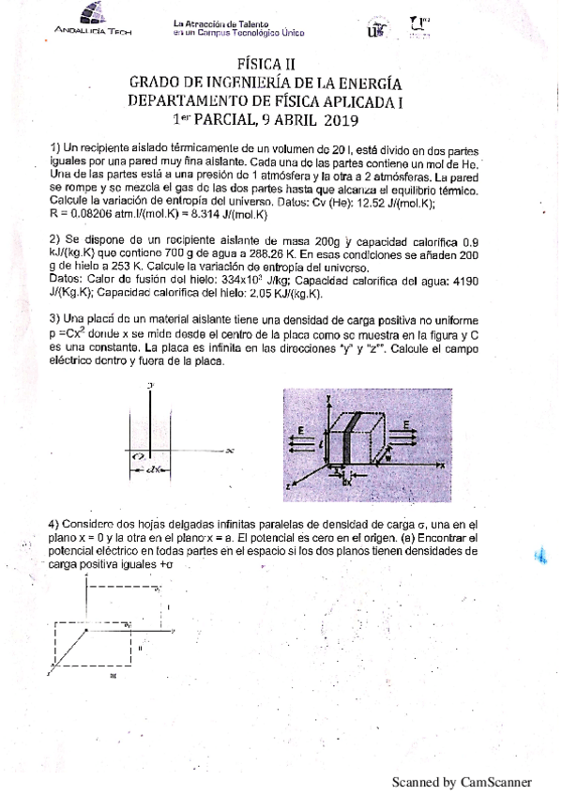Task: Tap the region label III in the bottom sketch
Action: point(113,674)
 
